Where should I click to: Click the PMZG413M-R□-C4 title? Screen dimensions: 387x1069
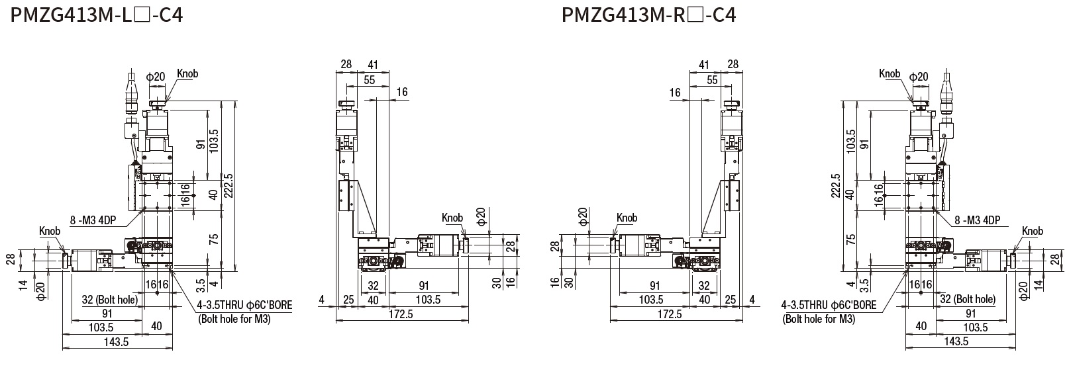648,14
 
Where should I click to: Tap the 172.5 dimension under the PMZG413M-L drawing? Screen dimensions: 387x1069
401,314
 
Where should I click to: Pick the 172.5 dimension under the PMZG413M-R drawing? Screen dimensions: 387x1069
669,314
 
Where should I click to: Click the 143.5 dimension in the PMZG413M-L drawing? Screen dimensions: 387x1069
117,342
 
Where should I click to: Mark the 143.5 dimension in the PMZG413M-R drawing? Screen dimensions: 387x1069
956,341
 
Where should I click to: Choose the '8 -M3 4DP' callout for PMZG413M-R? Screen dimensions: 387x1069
978,221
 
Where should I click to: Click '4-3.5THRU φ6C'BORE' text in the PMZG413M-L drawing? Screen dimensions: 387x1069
244,306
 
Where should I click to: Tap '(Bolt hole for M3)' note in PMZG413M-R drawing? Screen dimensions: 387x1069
819,319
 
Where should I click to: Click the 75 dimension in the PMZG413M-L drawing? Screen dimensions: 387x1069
213,239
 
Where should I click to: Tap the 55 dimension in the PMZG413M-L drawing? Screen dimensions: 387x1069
368,79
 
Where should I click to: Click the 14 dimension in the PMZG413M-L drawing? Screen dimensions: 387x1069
23,286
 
